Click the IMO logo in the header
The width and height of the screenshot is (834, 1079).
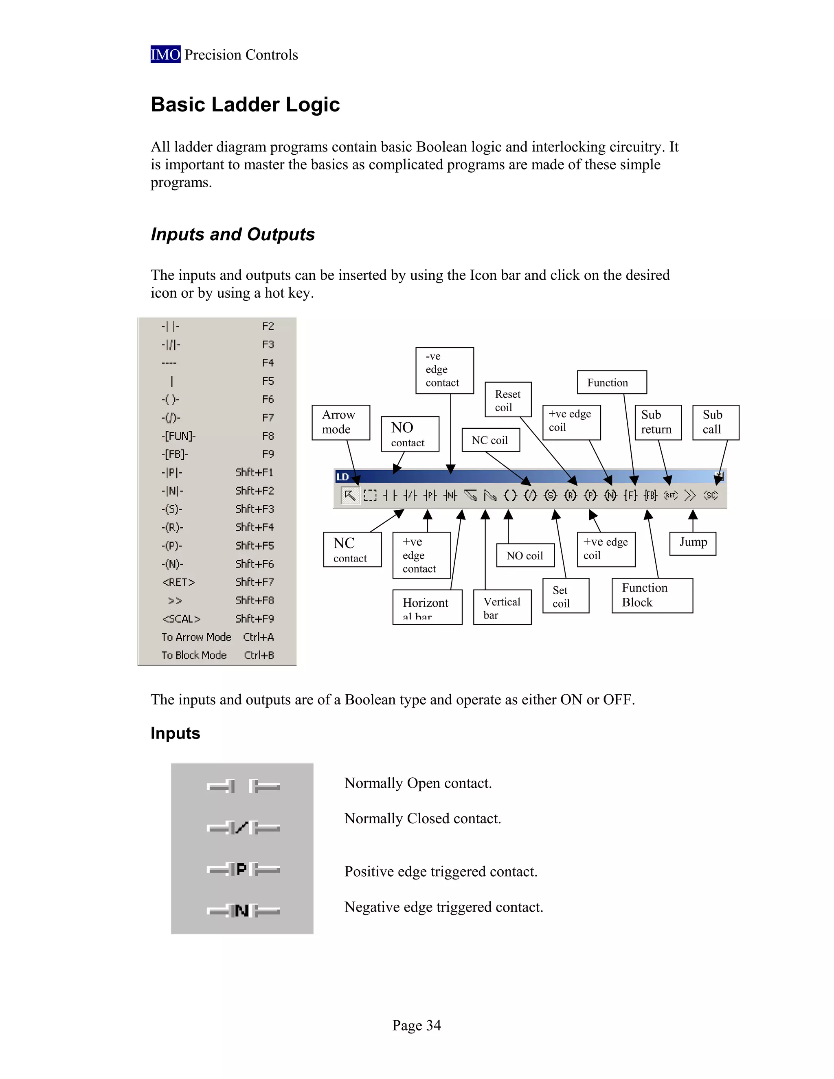[165, 54]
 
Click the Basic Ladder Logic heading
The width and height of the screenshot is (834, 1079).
[245, 105]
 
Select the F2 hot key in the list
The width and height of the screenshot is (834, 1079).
[267, 327]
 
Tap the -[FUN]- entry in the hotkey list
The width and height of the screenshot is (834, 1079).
[178, 436]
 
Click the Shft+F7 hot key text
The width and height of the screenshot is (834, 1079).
[254, 582]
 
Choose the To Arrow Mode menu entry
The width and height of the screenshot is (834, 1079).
[196, 637]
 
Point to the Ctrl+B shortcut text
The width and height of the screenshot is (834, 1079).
[259, 656]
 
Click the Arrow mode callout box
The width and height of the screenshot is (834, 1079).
[340, 422]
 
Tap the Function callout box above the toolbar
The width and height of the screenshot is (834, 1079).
[611, 382]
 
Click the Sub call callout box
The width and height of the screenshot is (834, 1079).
[715, 422]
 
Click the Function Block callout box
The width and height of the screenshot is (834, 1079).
[651, 595]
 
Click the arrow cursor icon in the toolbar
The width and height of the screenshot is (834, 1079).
[349, 496]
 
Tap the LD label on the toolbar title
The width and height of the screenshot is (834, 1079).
[342, 477]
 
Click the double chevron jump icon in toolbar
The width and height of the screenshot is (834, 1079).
[690, 496]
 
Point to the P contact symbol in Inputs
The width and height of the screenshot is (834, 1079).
[241, 870]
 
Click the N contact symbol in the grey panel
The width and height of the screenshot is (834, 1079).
[241, 910]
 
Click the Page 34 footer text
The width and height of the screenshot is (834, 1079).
[416, 1025]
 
